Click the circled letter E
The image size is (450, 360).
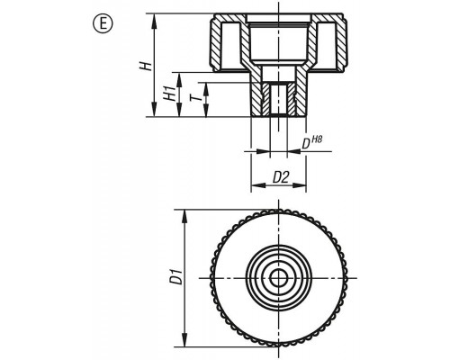click(103, 24)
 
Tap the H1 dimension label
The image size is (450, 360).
click(169, 94)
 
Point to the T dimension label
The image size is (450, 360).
click(194, 98)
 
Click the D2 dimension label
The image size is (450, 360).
click(281, 178)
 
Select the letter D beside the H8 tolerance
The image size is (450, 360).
click(306, 144)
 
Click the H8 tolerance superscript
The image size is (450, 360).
click(317, 139)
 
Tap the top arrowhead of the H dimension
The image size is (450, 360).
click(154, 21)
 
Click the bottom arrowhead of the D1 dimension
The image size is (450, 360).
click(185, 339)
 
